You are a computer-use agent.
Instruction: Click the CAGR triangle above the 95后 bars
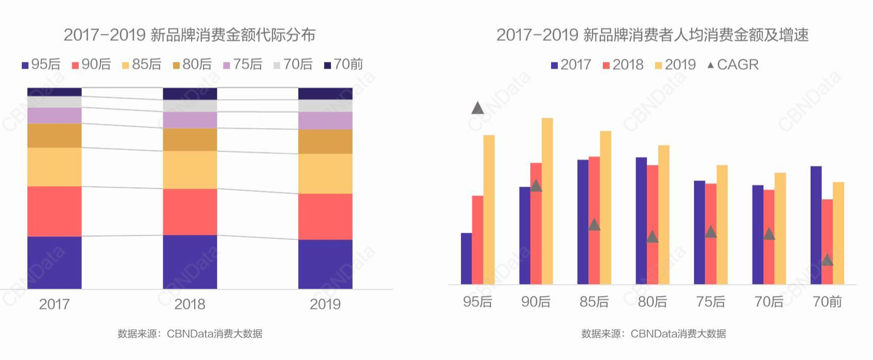click(477, 108)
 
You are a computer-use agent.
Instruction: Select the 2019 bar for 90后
click(547, 201)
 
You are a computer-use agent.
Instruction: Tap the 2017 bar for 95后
click(466, 258)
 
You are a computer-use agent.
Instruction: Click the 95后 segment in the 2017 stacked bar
click(54, 262)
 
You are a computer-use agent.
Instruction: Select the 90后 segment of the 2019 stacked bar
click(325, 217)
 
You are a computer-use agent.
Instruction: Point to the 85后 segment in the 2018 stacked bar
click(189, 170)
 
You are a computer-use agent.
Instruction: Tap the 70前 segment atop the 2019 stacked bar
click(325, 94)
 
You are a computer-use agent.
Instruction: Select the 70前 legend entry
click(343, 64)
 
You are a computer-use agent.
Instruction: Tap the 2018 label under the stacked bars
click(189, 304)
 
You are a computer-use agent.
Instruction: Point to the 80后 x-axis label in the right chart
click(652, 302)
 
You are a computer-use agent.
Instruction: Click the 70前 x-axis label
click(827, 302)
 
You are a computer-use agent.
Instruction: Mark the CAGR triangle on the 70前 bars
click(827, 260)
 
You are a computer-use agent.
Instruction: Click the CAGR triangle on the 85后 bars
click(594, 225)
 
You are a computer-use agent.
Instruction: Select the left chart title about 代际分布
click(189, 35)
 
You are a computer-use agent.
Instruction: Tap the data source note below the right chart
click(653, 334)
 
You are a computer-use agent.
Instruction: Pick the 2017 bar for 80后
click(641, 220)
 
